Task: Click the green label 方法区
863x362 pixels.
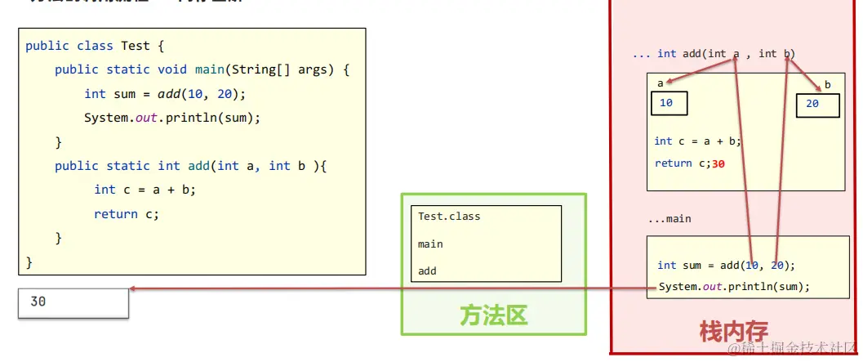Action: coord(493,315)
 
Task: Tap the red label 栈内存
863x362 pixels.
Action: coord(733,332)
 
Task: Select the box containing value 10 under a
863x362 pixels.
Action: coord(669,103)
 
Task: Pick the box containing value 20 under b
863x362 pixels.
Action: coord(817,105)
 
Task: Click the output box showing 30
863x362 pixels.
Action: coord(73,302)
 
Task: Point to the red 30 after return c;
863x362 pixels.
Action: coord(718,163)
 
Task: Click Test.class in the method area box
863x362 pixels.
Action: coord(449,217)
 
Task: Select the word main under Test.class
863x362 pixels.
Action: coord(430,244)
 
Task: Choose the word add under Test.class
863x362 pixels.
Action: coord(427,270)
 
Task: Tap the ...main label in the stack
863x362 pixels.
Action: coord(669,219)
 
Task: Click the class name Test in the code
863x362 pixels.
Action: coord(135,46)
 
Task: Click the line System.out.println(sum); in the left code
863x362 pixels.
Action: coord(171,118)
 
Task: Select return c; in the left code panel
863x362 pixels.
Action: coord(126,214)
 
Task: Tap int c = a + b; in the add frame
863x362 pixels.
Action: coord(697,141)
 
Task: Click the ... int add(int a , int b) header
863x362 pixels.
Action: coord(714,54)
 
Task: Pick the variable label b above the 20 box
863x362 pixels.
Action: coord(827,85)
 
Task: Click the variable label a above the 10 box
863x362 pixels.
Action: coord(661,83)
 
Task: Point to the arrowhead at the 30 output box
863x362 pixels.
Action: coord(132,288)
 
